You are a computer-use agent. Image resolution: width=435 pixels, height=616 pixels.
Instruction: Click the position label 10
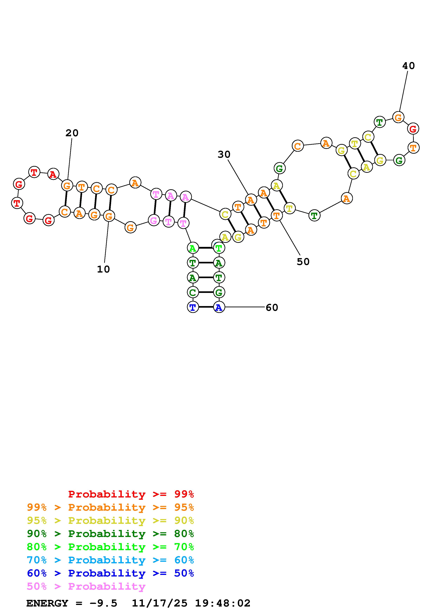tap(104, 269)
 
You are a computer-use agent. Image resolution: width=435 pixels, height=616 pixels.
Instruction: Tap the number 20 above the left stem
tap(72, 133)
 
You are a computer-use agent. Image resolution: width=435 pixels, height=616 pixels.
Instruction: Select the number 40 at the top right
tap(409, 66)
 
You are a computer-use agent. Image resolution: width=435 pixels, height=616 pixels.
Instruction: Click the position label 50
tap(303, 262)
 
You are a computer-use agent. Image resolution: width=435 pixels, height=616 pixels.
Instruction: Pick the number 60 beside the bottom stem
tap(272, 307)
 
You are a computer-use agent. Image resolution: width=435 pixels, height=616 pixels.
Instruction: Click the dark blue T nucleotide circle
tap(193, 307)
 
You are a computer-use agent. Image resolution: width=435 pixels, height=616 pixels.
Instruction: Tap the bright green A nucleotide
tap(193, 248)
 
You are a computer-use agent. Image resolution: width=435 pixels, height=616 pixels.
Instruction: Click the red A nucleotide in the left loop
tap(53, 174)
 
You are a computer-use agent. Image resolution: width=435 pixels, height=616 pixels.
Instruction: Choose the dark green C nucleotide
tap(193, 292)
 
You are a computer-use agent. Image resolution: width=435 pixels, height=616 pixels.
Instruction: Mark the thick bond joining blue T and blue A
tap(206, 307)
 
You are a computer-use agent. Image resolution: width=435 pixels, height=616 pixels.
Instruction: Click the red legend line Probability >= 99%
tap(131, 494)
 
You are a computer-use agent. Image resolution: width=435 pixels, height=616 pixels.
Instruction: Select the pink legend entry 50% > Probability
tap(86, 586)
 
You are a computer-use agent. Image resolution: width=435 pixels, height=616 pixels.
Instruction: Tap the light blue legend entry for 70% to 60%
tap(110, 560)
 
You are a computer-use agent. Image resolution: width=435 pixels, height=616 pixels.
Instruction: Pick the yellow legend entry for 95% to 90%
tap(110, 520)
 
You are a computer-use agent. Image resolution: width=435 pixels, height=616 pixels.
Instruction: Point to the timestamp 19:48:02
tap(223, 603)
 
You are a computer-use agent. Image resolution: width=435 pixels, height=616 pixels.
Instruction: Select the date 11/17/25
tap(160, 603)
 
